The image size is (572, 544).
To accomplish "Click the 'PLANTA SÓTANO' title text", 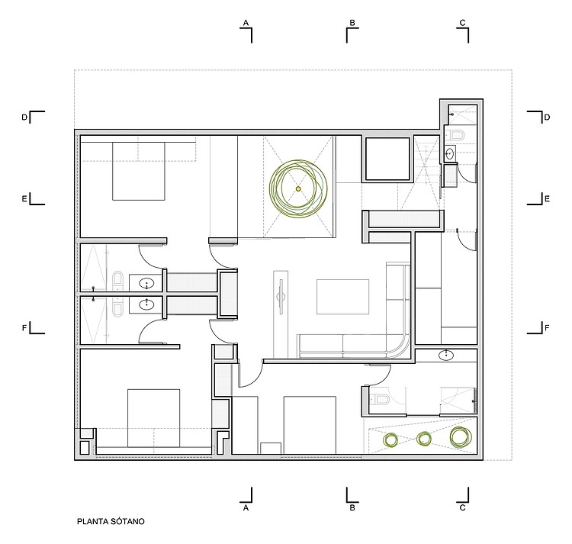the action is tap(111, 521).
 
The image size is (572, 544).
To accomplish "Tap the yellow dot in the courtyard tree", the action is tap(298, 188).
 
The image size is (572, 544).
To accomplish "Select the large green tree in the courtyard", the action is tap(298, 188).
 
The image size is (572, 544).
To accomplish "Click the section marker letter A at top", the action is tap(246, 23).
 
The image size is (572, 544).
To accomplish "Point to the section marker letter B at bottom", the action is tap(352, 507).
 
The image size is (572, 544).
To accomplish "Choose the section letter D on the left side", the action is tap(24, 117).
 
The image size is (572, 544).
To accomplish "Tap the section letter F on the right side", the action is tap(547, 328).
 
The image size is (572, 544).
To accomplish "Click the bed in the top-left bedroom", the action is tap(138, 171).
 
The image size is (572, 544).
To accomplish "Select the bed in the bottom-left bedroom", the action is tap(153, 418).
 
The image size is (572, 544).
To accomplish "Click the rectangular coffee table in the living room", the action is tap(342, 297).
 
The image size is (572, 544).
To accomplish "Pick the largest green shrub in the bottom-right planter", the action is tap(461, 437).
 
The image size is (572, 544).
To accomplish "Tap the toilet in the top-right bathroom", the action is tap(457, 135).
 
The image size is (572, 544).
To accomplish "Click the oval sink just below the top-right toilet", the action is tap(450, 153).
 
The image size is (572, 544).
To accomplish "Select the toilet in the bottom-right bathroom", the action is tap(380, 400).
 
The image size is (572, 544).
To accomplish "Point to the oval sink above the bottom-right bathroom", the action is tap(446, 355).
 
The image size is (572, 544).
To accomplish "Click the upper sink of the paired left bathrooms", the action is tap(146, 283).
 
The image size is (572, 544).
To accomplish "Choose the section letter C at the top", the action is tap(463, 23).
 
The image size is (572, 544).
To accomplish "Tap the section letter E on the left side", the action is tap(24, 199).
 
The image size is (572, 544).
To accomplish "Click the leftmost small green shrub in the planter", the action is tap(391, 439).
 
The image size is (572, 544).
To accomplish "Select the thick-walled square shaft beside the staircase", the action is tap(387, 159).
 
